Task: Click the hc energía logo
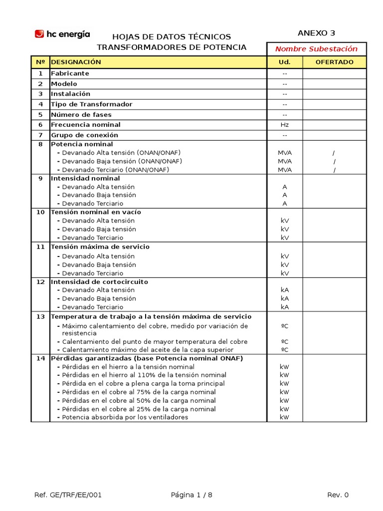62,34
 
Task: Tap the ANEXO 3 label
316,33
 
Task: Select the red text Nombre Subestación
316,49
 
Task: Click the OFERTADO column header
335,62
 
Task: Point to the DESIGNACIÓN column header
76,62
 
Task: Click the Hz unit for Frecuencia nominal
285,125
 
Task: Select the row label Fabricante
70,73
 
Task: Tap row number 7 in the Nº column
40,135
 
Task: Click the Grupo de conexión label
85,135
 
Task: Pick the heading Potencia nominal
82,144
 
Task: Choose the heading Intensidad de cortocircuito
99,282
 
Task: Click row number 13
40,317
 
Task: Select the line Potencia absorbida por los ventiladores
125,417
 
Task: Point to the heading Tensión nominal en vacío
96,212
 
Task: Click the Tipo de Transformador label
92,104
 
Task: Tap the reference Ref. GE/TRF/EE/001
68,495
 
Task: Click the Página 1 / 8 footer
191,495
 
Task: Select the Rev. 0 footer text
338,495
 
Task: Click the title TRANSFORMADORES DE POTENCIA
172,47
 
